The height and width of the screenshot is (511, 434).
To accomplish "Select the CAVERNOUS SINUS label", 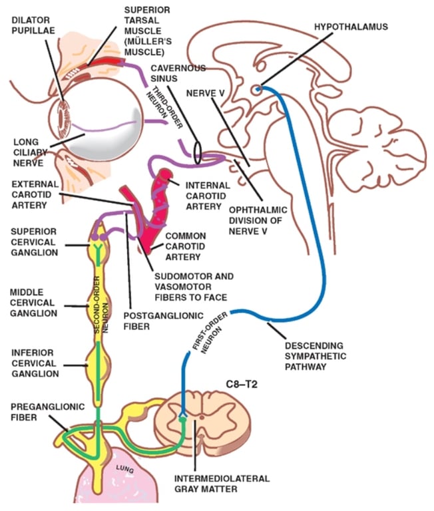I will tap(177, 74).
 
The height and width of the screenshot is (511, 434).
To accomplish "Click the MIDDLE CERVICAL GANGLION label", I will tap(33, 302).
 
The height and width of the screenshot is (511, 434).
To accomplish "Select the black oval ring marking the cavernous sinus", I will tap(198, 151).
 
